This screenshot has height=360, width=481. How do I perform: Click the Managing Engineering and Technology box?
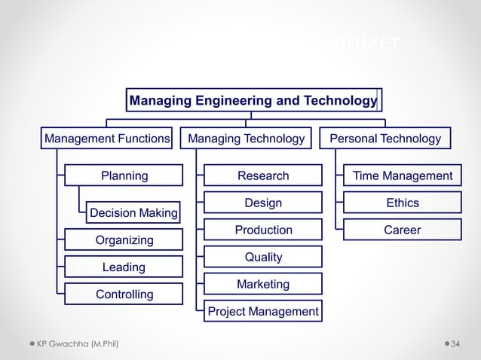pos(253,100)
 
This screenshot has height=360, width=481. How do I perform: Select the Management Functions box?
pos(106,139)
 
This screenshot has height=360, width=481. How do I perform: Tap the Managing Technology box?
pos(246,139)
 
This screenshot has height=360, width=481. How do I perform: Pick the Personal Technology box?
pos(385,139)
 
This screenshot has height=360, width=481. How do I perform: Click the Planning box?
pos(124,175)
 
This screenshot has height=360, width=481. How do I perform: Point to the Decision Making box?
pos(133,213)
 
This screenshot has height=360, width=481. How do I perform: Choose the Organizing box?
pos(124,239)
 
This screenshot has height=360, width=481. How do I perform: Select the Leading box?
pos(124,267)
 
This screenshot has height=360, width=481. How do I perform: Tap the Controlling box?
pos(124,294)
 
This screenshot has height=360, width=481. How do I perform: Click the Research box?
pos(263,175)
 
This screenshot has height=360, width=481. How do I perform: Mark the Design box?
pos(263,203)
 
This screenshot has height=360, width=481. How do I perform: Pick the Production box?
pos(263,230)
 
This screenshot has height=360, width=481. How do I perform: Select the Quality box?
pos(263,257)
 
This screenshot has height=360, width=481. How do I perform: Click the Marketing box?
pos(263,284)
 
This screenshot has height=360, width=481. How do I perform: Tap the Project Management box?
pos(263,311)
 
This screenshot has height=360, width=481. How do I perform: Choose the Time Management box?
pos(403,175)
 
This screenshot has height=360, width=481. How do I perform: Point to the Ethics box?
pos(403,203)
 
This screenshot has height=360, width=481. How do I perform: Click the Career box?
pos(403,230)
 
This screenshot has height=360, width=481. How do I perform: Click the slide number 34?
pos(455,344)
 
